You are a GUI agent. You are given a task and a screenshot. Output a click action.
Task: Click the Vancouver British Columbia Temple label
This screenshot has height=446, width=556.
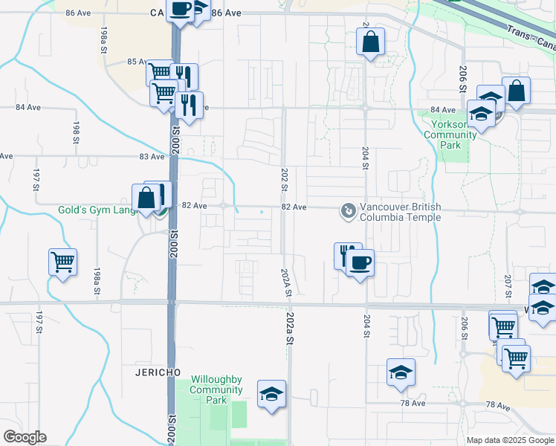point(400,212)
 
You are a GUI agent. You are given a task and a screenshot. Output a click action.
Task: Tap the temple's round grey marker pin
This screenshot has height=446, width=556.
point(347,211)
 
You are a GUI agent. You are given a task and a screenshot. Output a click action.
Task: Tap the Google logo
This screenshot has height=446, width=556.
point(25,437)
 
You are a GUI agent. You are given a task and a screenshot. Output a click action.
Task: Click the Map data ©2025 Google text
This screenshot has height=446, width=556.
point(509,440)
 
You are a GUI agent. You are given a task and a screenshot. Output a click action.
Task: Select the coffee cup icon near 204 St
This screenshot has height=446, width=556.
point(360,263)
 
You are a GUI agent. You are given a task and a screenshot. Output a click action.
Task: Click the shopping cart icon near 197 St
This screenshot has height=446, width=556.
point(62,262)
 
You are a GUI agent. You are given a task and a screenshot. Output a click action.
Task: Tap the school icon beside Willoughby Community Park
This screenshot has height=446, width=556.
point(271,393)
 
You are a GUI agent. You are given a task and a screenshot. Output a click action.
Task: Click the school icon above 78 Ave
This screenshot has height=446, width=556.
point(401,372)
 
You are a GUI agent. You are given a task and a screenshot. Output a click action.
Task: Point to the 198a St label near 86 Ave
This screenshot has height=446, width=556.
point(104,35)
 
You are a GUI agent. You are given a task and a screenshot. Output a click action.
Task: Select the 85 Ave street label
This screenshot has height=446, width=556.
point(137,62)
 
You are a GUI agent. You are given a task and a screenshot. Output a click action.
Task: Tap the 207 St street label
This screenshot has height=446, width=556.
point(508,282)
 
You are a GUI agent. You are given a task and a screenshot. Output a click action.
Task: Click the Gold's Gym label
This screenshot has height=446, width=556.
point(97,210)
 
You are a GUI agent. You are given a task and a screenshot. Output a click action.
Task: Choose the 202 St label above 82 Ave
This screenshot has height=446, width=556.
point(284,179)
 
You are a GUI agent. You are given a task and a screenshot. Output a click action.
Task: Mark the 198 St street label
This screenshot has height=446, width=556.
point(76,129)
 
